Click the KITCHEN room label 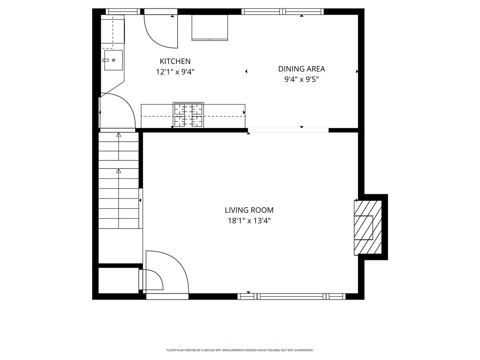coord(175,61)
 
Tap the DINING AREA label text coord(302,69)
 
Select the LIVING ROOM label coord(249,210)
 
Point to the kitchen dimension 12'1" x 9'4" coord(175,72)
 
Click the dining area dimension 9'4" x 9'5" coord(302,79)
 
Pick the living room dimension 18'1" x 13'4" coord(249,221)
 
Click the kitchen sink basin coord(113,60)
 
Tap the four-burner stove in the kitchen coord(188,115)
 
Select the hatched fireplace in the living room coord(368,228)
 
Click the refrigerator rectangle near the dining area coord(210,28)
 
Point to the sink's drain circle coord(114,60)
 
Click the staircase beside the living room coord(118,180)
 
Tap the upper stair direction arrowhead coord(118,135)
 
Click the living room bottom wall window coord(292,296)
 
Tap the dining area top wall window coord(282,11)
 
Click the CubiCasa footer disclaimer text coord(240,350)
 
